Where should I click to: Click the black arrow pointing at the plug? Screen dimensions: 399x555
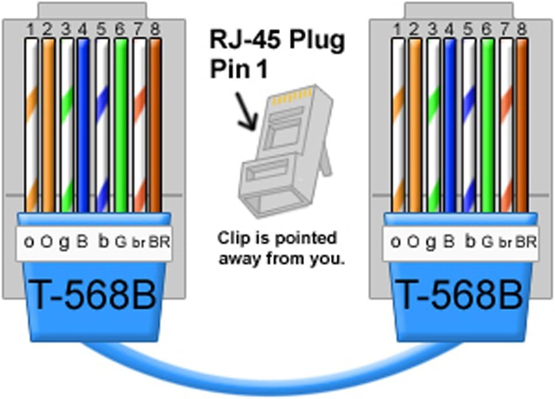(246, 113)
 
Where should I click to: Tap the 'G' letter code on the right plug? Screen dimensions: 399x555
(487, 242)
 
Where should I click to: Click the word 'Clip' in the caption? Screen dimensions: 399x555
(232, 237)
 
